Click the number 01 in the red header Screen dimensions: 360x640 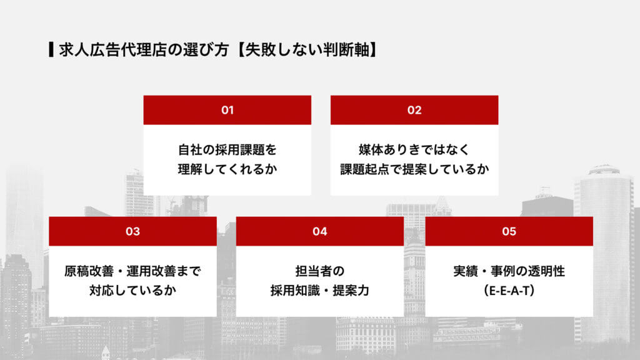pyautogui.click(x=227, y=110)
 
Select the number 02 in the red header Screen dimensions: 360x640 pyautogui.click(x=414, y=110)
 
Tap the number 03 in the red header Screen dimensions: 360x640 pyautogui.click(x=132, y=231)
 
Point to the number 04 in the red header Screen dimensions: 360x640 pyautogui.click(x=319, y=231)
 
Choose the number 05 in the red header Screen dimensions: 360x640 pyautogui.click(x=509, y=231)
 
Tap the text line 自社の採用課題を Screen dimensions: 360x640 pyautogui.click(x=227, y=150)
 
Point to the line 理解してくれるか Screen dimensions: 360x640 pyautogui.click(x=227, y=169)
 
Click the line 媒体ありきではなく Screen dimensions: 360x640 pyautogui.click(x=414, y=150)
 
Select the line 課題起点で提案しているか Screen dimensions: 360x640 pyautogui.click(x=414, y=169)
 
